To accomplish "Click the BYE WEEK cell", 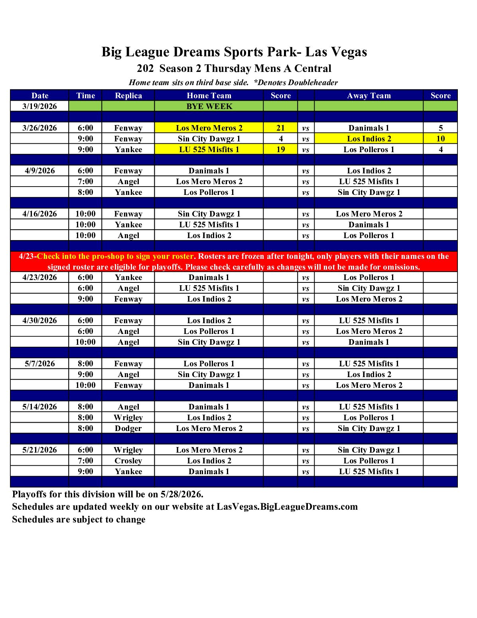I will [209, 106].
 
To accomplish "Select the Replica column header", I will [128, 95].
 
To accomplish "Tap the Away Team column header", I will [369, 95].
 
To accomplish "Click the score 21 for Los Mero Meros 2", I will [281, 128].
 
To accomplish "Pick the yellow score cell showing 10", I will [440, 139].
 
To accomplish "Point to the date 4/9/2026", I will [39, 171].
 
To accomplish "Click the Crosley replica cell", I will [128, 461].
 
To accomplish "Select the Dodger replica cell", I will [128, 428].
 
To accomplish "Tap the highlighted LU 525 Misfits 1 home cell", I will [209, 149].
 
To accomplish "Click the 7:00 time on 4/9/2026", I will [85, 181].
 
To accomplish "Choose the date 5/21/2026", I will [39, 450].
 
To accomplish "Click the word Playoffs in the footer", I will [29, 494].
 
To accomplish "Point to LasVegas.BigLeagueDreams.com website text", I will [287, 507].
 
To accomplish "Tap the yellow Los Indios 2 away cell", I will [369, 139].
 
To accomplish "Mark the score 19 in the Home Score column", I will [281, 149].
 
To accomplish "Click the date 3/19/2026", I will [39, 106].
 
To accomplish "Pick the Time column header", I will [85, 95].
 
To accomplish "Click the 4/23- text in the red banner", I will [28, 256].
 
